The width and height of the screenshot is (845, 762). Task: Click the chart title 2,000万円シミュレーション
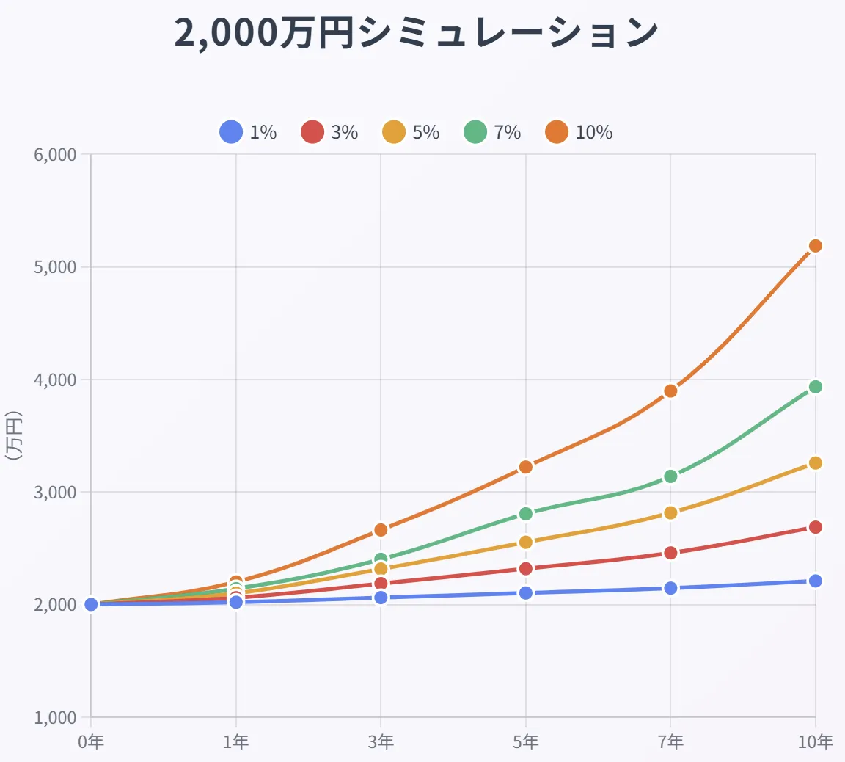(x=417, y=34)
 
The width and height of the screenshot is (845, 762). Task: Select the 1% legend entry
(x=249, y=132)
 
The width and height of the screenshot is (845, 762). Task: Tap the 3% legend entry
(x=330, y=132)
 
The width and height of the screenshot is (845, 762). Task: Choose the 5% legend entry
(x=411, y=132)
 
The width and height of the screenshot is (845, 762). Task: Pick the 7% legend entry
(x=493, y=132)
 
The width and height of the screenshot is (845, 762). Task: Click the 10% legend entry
(x=579, y=132)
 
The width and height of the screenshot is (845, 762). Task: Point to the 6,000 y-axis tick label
(x=55, y=155)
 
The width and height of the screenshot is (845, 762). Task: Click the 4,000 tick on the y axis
(x=55, y=380)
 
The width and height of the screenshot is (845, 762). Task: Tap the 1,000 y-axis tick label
(x=55, y=718)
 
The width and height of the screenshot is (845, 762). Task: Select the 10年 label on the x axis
(x=815, y=742)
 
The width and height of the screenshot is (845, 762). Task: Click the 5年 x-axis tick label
(x=525, y=742)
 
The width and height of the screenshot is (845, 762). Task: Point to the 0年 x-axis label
(x=91, y=742)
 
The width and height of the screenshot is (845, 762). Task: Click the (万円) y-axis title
(x=13, y=435)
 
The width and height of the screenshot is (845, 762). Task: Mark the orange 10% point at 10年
(x=815, y=246)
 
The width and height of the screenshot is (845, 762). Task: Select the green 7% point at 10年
(x=815, y=387)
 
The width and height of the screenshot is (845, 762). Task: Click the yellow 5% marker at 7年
(x=670, y=512)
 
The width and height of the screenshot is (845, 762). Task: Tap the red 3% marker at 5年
(x=525, y=569)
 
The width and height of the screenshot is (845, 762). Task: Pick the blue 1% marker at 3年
(x=381, y=598)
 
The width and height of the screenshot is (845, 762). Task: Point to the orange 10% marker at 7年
(x=670, y=391)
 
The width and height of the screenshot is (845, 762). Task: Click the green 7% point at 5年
(x=525, y=514)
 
